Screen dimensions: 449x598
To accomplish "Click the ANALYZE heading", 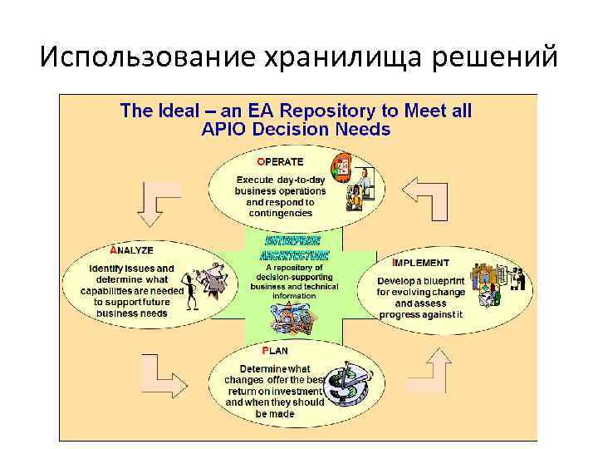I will [131, 249].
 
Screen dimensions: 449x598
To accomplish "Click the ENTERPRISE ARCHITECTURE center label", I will [294, 248].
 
